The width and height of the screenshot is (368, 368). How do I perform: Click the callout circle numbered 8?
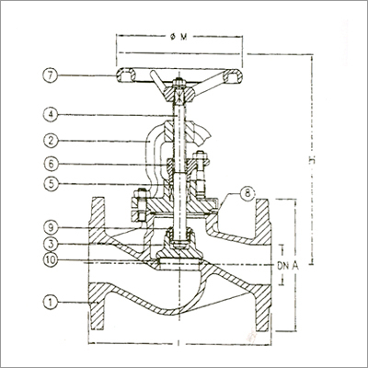pos(247,193)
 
